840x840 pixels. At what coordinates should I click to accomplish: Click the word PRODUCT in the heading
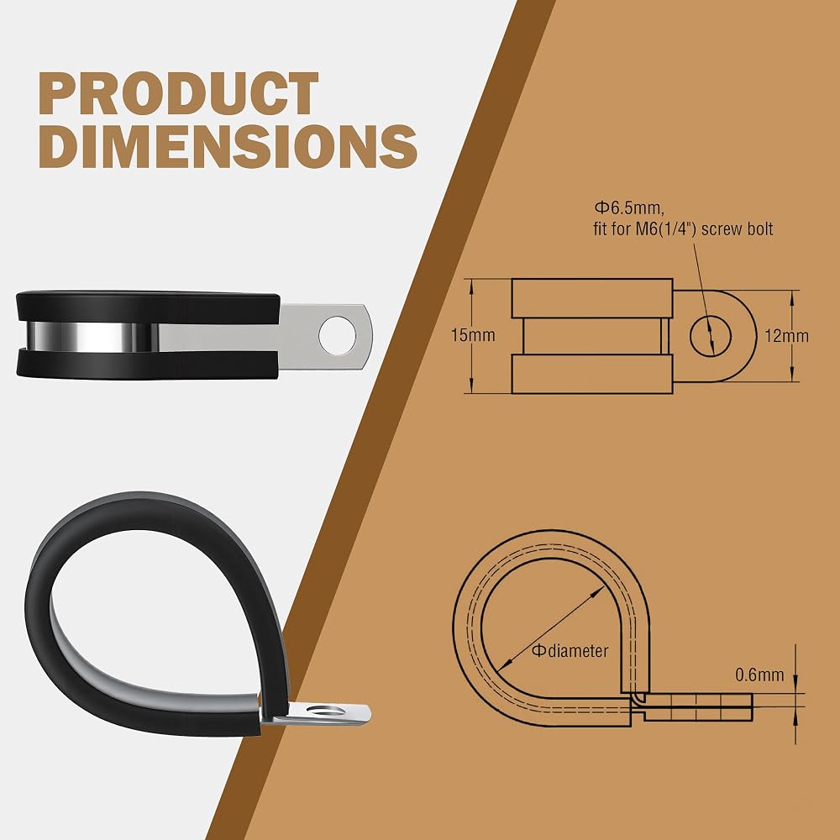(178, 93)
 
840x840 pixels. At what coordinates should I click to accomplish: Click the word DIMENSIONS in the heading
(228, 145)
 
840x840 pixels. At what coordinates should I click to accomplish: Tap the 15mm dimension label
(473, 335)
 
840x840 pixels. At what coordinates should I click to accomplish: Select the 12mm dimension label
(786, 336)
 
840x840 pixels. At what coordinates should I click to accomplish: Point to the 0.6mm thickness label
(759, 675)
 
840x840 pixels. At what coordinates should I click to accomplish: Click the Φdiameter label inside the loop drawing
(570, 651)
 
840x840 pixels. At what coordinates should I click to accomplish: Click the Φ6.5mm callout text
(629, 207)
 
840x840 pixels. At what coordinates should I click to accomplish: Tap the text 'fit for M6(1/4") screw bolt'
(683, 229)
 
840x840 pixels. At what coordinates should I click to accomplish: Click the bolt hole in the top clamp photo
(337, 335)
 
